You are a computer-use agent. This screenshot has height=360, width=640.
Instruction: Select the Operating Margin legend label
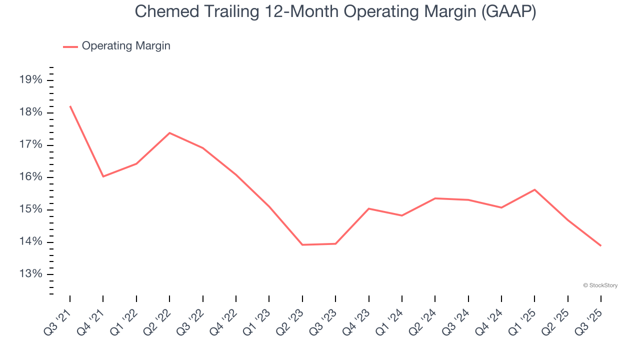click(126, 46)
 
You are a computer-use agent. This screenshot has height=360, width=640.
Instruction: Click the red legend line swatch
click(70, 46)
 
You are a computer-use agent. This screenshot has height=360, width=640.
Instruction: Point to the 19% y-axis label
click(30, 80)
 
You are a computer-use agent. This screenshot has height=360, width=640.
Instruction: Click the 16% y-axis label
click(30, 177)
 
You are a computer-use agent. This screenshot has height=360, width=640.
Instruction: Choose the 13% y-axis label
click(30, 274)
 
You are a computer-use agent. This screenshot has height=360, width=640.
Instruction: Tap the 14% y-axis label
click(30, 242)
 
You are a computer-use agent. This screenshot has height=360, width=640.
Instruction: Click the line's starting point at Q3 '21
click(70, 106)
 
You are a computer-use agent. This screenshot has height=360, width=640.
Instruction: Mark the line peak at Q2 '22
click(169, 133)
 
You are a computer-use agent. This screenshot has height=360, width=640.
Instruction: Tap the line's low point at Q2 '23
click(302, 245)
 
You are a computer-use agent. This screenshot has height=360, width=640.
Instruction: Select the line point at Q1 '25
click(534, 189)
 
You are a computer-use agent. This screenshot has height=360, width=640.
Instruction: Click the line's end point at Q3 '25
click(601, 246)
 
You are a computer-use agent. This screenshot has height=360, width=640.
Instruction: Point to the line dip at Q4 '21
click(103, 176)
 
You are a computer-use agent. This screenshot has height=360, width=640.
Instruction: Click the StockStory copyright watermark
click(600, 285)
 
